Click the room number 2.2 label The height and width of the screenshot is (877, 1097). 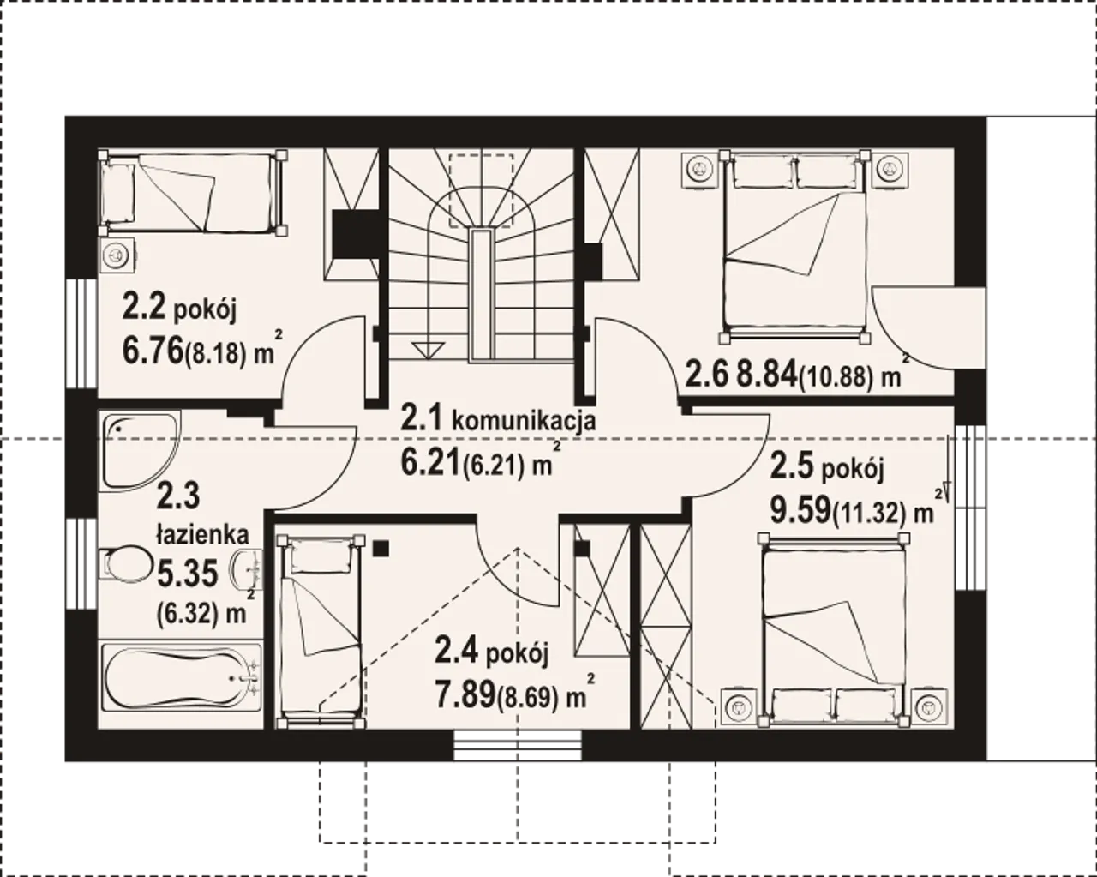(144, 308)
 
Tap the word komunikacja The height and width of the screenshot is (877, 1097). (524, 422)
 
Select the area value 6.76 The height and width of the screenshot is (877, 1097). (153, 351)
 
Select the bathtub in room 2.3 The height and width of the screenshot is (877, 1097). (182, 677)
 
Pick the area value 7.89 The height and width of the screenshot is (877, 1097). (465, 695)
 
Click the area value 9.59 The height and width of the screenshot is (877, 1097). (800, 511)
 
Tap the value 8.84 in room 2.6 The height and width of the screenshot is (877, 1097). (766, 375)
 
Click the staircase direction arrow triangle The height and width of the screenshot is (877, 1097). (429, 351)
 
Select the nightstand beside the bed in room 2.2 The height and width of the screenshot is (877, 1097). (117, 254)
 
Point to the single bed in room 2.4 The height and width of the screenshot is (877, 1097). (321, 632)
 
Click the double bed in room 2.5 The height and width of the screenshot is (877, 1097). (833, 630)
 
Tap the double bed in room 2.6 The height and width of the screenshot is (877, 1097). (794, 247)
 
